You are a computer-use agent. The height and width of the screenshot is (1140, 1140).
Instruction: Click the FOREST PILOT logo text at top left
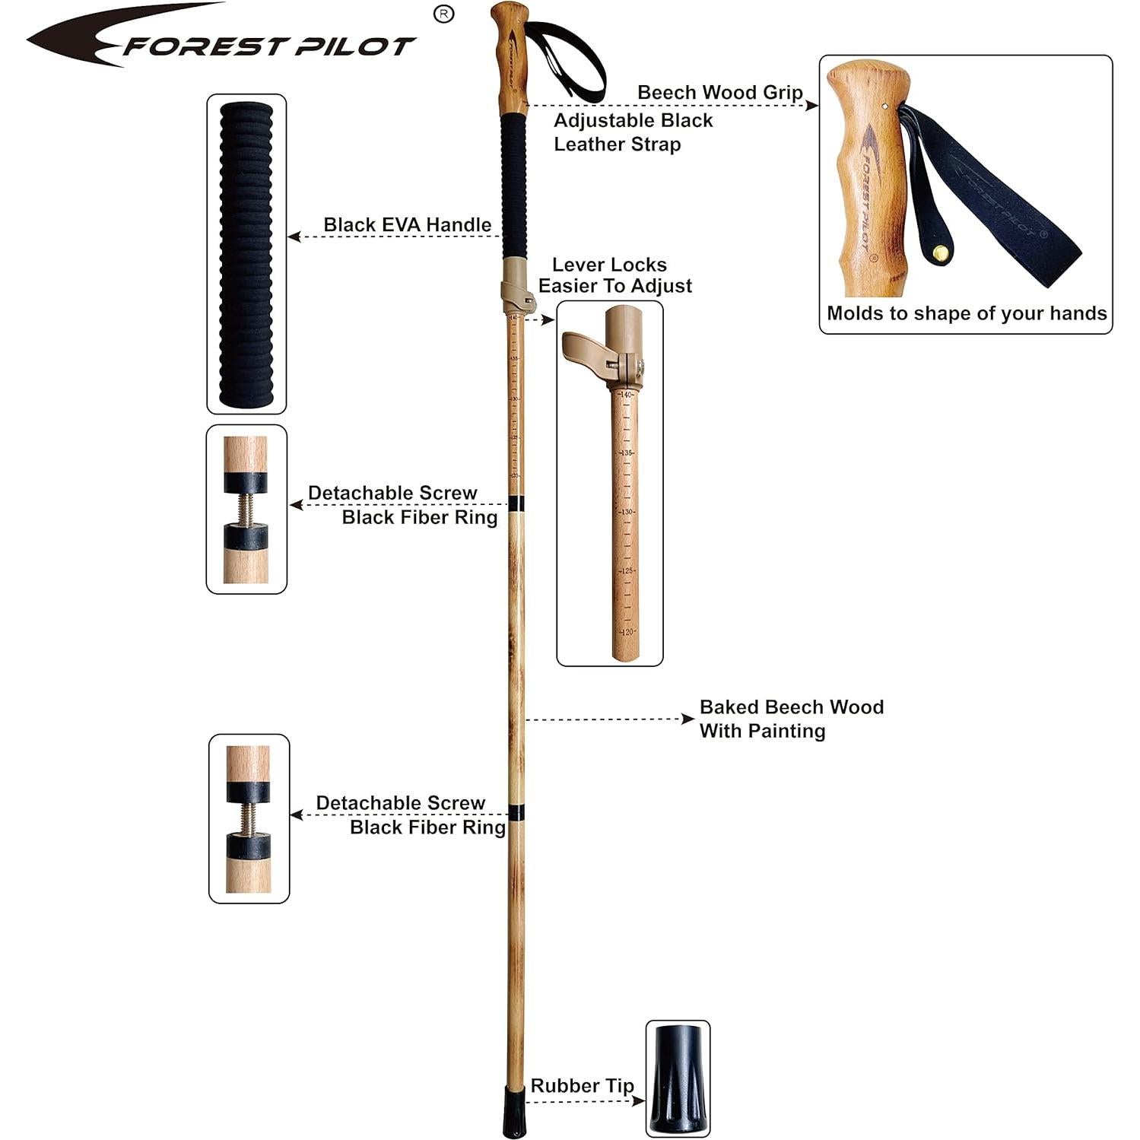point(266,46)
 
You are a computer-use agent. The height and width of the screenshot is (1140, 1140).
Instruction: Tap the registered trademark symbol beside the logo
point(443,14)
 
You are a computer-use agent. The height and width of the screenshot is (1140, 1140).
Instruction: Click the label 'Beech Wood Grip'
point(719,92)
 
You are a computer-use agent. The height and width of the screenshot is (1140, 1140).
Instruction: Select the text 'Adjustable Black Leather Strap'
point(633,132)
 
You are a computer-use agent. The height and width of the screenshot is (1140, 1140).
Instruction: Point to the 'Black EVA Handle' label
point(407,224)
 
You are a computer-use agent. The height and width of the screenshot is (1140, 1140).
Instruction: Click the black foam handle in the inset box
point(246,254)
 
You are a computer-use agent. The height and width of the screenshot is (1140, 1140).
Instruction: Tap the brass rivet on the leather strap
point(942,252)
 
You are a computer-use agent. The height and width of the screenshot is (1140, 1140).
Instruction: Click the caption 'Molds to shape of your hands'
point(966,313)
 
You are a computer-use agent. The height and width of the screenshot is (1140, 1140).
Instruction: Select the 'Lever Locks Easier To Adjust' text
point(614,275)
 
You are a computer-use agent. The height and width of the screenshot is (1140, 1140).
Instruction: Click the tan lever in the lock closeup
point(584,348)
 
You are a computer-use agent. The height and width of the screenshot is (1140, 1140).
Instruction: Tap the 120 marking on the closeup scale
point(627,632)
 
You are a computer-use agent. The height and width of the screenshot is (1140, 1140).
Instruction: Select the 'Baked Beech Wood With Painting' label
point(791,719)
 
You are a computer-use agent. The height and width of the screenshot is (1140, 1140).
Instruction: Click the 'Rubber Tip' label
point(582,1085)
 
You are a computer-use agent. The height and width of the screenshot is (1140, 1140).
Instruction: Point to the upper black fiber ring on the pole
point(516,503)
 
